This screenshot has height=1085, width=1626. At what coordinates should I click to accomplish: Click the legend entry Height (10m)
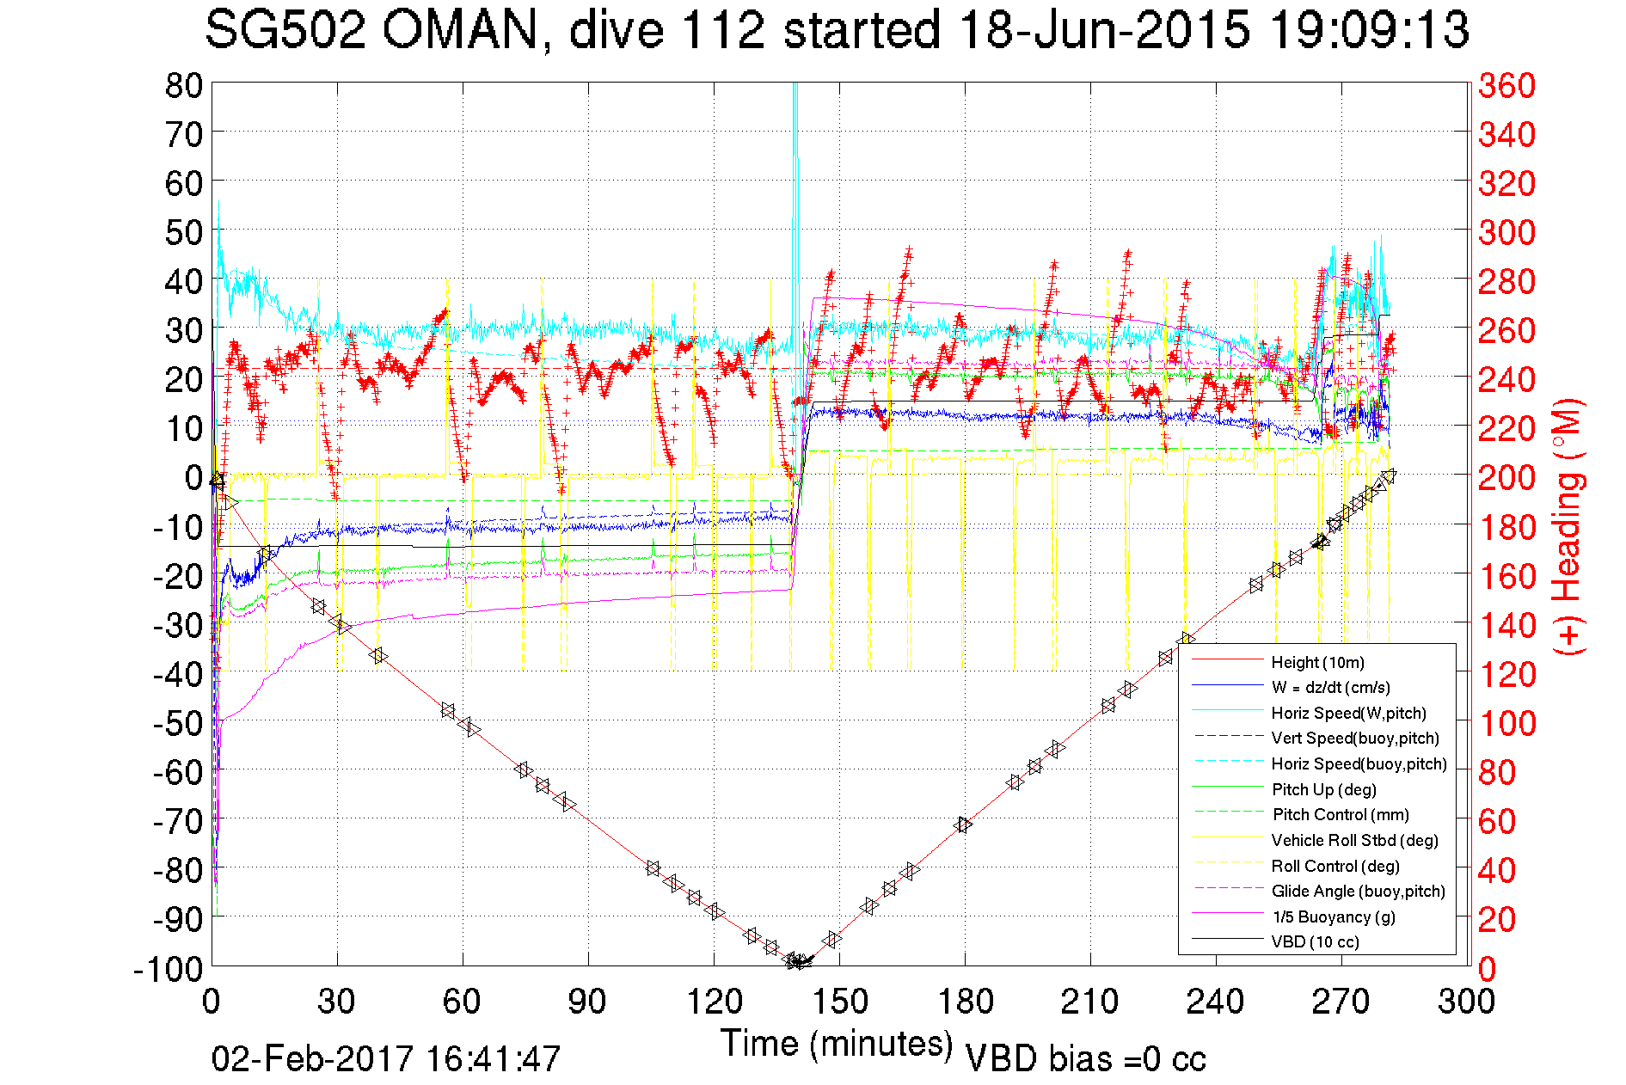(1316, 662)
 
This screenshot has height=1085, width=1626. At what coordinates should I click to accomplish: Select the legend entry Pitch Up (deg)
(1323, 789)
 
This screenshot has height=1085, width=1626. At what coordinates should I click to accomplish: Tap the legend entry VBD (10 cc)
(1315, 942)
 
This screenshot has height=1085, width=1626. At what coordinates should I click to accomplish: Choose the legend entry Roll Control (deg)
(1335, 866)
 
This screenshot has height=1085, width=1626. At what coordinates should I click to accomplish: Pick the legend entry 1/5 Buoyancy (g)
(1333, 916)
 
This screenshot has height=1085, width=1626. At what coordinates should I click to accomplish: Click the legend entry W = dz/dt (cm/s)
(1330, 688)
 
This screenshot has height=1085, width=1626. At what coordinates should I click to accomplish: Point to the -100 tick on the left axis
(168, 969)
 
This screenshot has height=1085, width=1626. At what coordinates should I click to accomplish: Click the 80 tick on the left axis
(183, 85)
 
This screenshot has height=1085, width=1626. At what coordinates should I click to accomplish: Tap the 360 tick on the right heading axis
(1506, 85)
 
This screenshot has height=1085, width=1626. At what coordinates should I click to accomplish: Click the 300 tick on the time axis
(1467, 1002)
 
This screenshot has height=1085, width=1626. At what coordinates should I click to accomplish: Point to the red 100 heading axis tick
(1506, 723)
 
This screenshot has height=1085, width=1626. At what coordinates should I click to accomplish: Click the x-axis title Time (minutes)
(837, 1044)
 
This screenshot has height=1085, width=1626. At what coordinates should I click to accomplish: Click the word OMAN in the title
(459, 31)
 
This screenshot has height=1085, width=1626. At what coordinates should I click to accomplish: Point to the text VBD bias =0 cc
(1085, 1058)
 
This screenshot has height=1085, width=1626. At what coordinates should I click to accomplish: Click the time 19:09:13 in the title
(1369, 31)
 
